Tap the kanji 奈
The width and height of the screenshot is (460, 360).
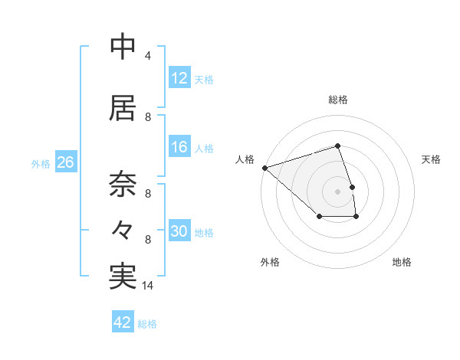point(123,184)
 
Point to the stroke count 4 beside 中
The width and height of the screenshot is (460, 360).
point(148,56)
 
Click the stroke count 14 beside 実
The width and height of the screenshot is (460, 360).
point(149,286)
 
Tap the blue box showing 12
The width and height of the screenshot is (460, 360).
point(179,78)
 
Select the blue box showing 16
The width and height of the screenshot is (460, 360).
point(179,148)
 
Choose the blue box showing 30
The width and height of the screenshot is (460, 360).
point(179,232)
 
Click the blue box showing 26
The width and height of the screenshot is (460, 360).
point(65,162)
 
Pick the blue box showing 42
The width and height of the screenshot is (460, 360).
point(123,323)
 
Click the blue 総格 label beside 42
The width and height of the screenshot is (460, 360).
point(148,324)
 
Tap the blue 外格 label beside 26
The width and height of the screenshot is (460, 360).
point(41,163)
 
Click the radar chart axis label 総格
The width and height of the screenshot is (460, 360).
point(338,100)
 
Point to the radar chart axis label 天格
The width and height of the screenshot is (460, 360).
point(432,159)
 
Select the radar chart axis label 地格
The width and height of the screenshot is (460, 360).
point(402,263)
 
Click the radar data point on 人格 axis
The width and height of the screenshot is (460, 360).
point(264,167)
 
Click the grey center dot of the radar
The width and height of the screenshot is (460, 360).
point(338,191)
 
